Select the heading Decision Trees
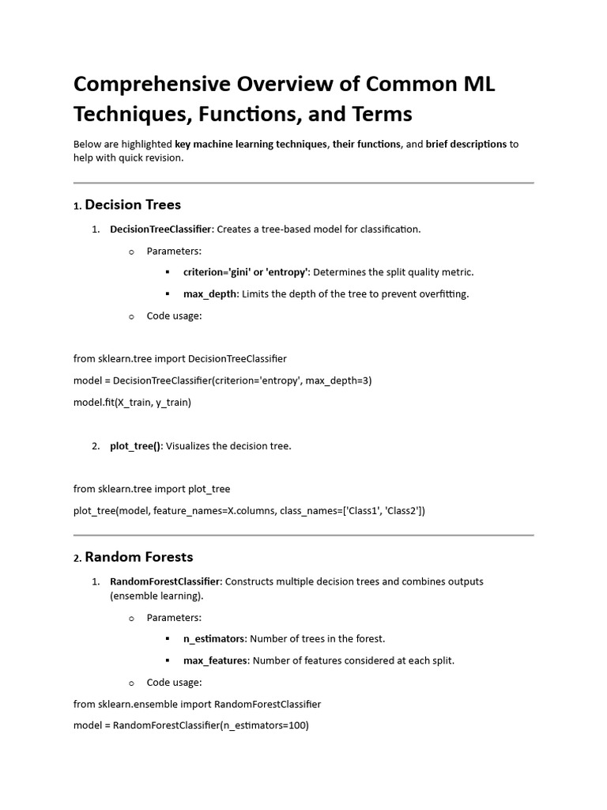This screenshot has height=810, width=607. tap(132, 205)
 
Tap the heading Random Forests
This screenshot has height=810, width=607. tap(138, 557)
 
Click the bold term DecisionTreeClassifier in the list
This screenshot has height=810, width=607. tap(160, 229)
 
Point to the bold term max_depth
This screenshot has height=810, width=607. tap(210, 294)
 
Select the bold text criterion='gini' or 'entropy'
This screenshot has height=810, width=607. tap(246, 272)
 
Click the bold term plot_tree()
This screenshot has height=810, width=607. tap(135, 446)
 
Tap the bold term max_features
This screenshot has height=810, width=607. tap(216, 660)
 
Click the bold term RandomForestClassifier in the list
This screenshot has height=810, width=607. tap(166, 581)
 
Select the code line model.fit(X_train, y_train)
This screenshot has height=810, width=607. tap(132, 402)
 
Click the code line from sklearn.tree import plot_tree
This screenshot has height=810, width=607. tap(152, 489)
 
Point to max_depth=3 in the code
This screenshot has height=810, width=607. tap(338, 380)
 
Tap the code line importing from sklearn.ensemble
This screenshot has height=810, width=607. tap(197, 703)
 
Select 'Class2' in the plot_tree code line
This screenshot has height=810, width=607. tap(403, 511)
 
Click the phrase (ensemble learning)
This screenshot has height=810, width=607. tap(156, 596)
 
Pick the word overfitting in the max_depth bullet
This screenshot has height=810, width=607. tap(442, 294)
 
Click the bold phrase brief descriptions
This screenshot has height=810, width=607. tap(466, 144)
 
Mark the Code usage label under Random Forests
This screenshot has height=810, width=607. tap(174, 682)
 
